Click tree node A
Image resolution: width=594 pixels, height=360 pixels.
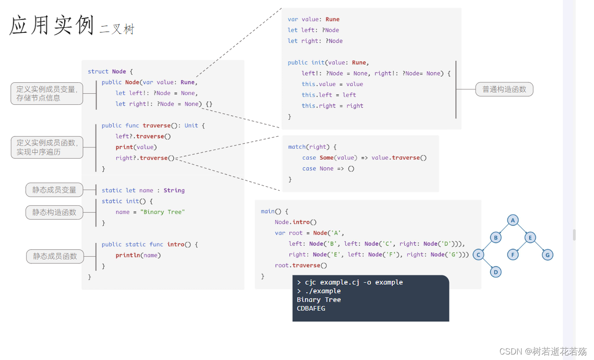(513, 220)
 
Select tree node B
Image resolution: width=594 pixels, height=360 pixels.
(496, 237)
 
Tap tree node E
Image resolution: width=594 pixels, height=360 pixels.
(530, 237)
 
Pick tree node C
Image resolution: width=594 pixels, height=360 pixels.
(478, 255)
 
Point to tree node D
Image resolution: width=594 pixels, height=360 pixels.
(496, 272)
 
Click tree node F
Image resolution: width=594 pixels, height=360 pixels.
(513, 255)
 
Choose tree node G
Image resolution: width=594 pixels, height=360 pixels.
(547, 255)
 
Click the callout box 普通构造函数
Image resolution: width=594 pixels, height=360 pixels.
(504, 89)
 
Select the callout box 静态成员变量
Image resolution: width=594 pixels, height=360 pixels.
(54, 190)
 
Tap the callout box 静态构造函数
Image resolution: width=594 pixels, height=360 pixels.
(54, 212)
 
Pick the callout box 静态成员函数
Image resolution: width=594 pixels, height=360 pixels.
(55, 256)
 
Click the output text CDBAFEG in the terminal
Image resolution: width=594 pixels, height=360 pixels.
(311, 308)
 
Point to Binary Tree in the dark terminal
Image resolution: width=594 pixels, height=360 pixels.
(319, 300)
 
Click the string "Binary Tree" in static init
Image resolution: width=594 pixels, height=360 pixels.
(162, 212)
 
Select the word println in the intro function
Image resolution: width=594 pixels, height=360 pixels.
(128, 255)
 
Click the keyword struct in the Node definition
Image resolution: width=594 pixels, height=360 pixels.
(98, 71)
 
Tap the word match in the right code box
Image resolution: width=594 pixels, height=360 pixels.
(297, 147)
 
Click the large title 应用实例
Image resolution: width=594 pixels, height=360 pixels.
(52, 25)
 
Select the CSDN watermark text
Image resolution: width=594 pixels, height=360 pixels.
(543, 351)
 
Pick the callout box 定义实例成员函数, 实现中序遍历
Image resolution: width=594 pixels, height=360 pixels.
(47, 147)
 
